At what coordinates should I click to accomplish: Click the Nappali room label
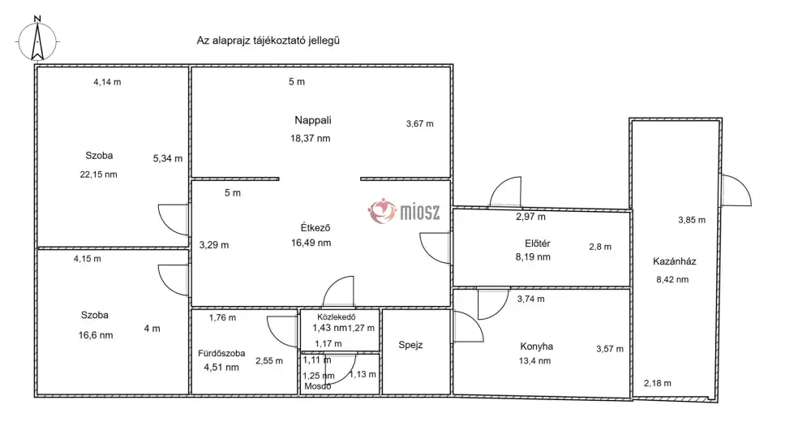313,120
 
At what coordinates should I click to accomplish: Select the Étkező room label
315,227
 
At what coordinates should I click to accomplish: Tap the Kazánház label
675,261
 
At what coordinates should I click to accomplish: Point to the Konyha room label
536,347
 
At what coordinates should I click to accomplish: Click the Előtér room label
538,243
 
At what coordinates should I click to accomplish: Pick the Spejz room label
410,345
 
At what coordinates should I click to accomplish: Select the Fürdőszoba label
221,353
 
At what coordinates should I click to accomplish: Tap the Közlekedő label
337,316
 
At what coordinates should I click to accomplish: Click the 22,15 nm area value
98,174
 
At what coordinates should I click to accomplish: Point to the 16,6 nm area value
96,335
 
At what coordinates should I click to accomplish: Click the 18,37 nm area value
311,138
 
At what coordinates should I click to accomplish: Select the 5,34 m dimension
168,159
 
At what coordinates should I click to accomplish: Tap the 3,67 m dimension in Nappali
420,123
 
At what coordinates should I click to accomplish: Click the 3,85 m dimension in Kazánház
692,220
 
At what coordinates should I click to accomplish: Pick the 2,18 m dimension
658,384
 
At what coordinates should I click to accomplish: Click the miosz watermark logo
404,211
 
